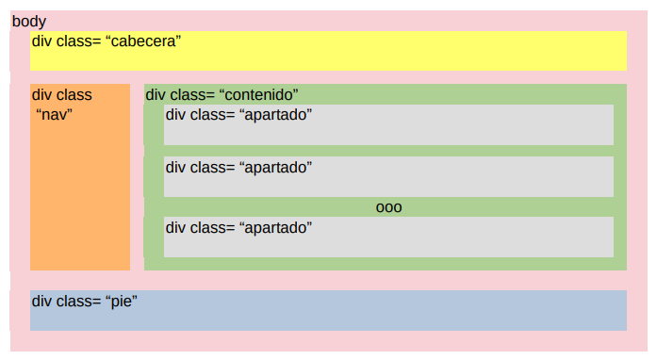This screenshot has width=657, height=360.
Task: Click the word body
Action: (29, 22)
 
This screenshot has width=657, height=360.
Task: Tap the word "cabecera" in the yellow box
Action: (143, 41)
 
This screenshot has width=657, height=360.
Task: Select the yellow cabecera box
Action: (328, 51)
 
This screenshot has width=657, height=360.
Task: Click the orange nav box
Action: (80, 177)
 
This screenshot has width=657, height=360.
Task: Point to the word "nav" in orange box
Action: (54, 114)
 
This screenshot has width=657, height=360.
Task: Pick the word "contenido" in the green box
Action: (258, 95)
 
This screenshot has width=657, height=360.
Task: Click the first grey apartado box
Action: (389, 125)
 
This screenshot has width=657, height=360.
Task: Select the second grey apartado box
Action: (389, 177)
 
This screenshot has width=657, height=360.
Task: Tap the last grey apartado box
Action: (389, 237)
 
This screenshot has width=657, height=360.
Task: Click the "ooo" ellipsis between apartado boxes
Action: (389, 207)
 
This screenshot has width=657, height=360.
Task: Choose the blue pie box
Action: (328, 311)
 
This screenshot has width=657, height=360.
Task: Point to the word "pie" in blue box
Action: (122, 302)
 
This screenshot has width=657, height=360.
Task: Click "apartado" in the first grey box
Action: (275, 115)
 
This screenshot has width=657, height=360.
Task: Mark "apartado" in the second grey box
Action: (275, 168)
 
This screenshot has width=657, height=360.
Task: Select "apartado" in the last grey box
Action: (275, 228)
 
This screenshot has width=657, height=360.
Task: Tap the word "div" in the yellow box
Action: (41, 41)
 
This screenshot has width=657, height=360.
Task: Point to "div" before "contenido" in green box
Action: (156, 95)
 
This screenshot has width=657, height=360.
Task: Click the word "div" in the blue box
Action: (41, 301)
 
